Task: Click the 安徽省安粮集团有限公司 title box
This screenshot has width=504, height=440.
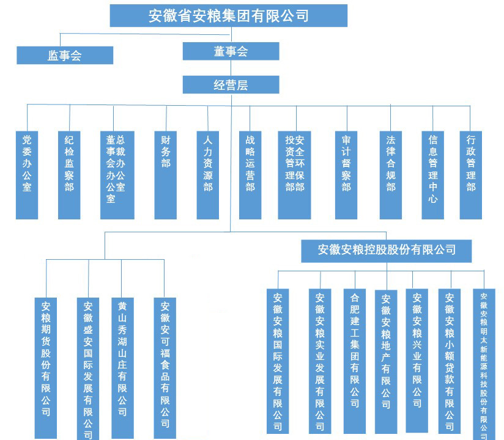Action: (x=229, y=15)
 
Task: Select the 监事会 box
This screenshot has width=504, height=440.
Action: (x=65, y=55)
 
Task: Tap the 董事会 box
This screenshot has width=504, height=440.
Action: (x=231, y=51)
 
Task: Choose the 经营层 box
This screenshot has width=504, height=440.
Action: (x=231, y=84)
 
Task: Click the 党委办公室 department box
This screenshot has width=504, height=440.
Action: (x=27, y=174)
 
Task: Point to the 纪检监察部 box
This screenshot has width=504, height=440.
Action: (x=69, y=174)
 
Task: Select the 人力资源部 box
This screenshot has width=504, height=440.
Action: (x=208, y=174)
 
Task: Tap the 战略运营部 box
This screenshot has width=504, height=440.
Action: (x=250, y=174)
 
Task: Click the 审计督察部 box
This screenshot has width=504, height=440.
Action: (x=347, y=174)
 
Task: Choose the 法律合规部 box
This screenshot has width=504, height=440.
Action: (x=391, y=174)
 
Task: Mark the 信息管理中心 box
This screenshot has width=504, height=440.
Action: (x=433, y=174)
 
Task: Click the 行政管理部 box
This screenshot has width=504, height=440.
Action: (x=471, y=174)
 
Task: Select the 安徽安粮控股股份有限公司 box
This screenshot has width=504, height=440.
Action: (x=387, y=249)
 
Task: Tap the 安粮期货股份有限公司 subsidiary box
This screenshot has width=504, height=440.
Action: (x=46, y=367)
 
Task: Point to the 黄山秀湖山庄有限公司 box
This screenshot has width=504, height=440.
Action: (x=122, y=367)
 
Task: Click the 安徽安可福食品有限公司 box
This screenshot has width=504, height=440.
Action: (x=165, y=367)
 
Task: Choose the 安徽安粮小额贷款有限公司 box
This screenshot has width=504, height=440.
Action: (x=450, y=361)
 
